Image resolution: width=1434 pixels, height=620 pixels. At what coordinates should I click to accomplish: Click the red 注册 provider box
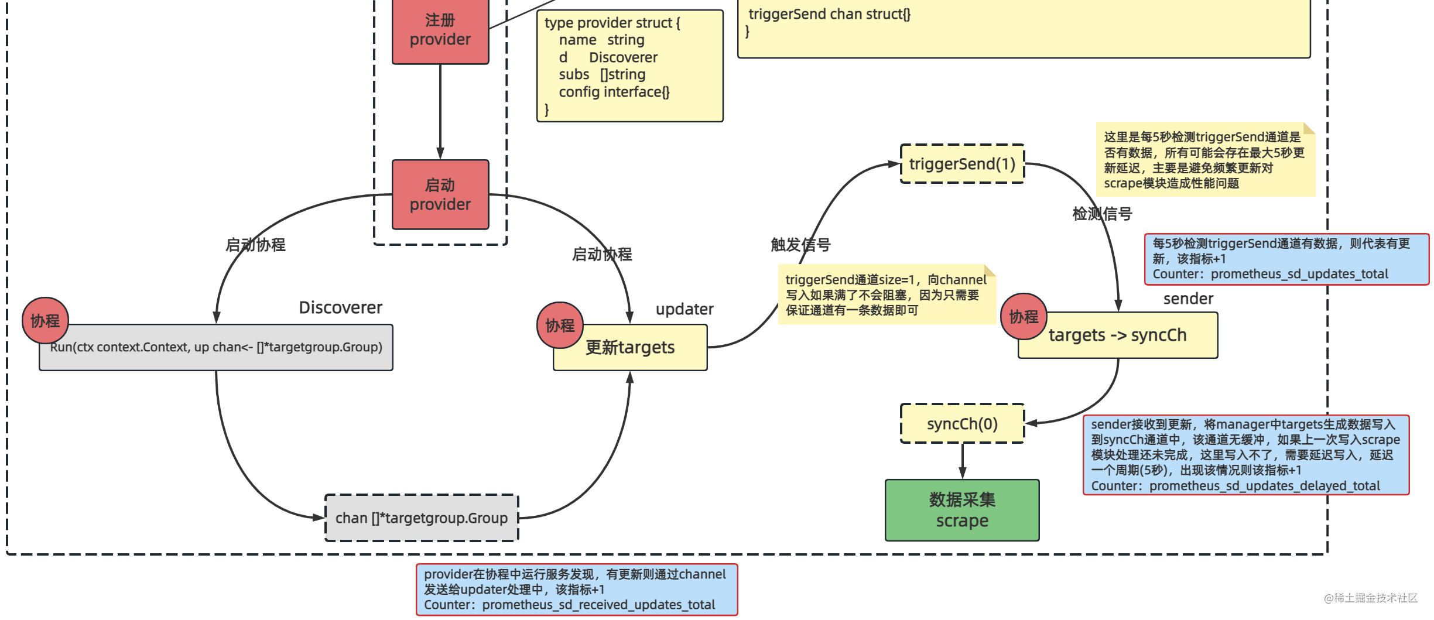pos(440,30)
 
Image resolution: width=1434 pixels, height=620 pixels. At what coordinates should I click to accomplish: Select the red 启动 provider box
pos(440,194)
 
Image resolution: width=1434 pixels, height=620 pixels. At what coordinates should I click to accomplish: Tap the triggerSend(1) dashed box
pos(962,164)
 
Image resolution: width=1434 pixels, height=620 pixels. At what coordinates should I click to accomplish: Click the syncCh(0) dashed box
pos(962,423)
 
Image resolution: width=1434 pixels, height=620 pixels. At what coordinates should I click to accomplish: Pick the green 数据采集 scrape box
pos(962,510)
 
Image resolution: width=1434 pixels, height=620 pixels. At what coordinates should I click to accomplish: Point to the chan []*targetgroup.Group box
pos(422,518)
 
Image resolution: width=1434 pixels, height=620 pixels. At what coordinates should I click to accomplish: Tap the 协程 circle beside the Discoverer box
pos(45,320)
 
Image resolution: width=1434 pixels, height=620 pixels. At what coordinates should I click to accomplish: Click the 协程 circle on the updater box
pos(560,325)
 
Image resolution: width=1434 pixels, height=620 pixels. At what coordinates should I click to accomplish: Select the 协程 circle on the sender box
pos(1024,317)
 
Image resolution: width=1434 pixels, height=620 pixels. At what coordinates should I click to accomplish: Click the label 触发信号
pos(800,245)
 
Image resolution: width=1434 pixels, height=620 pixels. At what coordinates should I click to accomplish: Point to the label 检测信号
pos(1102,214)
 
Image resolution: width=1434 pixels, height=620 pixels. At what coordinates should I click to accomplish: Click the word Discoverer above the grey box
pos(340,307)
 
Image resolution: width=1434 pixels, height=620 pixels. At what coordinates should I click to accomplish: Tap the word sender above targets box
pos(1188,299)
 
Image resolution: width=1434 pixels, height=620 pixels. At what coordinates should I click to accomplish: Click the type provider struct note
pos(629,66)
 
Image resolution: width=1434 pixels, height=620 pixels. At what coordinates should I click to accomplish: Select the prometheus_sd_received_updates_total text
pos(598,605)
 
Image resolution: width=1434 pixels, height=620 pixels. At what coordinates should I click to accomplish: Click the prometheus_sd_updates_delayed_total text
pos(1264,486)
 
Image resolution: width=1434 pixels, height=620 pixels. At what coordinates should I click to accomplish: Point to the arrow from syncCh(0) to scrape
pos(962,461)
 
